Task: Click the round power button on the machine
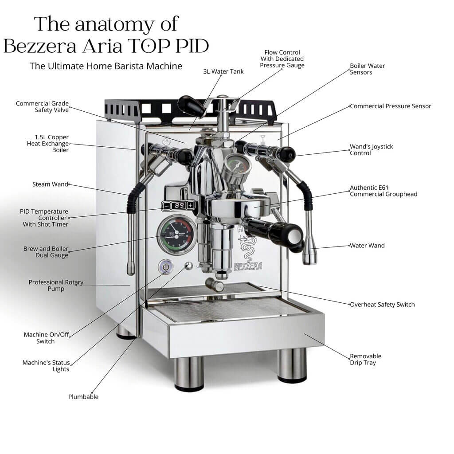(166, 267)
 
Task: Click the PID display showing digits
(178, 205)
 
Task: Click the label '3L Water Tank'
(223, 71)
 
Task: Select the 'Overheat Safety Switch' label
(382, 305)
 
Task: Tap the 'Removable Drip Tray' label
(365, 360)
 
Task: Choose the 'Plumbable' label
(83, 397)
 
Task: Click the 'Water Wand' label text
(367, 246)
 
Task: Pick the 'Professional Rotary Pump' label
(56, 286)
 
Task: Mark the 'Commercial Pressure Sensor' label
(390, 106)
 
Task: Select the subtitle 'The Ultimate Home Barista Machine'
(106, 66)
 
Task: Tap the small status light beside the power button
(189, 266)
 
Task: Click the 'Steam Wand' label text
(50, 184)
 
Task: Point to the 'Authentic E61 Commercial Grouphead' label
(384, 191)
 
